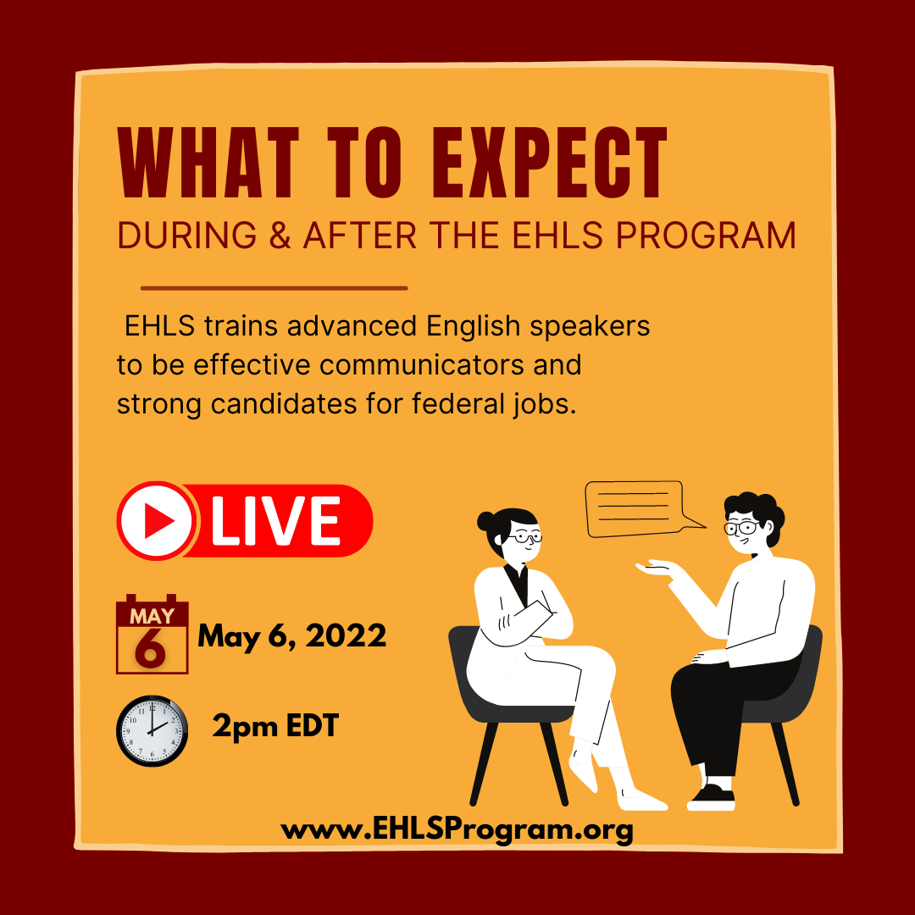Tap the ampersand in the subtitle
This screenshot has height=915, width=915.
280,236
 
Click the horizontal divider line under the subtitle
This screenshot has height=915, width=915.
274,288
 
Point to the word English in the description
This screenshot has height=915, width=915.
473,325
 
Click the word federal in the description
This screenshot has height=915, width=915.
457,403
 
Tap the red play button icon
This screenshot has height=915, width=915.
157,520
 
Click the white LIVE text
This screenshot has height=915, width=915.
275,520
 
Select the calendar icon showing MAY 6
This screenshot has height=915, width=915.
152,634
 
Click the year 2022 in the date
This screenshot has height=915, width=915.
346,635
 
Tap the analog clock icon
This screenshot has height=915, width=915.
152,730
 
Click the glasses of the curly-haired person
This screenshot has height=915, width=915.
741,529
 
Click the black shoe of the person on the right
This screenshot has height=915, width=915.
712,797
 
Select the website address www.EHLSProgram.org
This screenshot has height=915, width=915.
457,830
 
